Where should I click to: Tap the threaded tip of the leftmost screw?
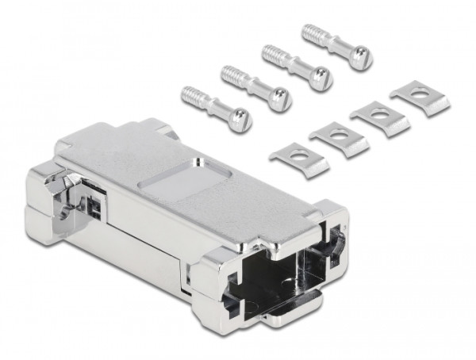[x=190, y=94]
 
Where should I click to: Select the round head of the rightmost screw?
[x=361, y=57]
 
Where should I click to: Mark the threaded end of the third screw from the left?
[x=271, y=54]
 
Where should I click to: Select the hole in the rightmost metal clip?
[x=420, y=95]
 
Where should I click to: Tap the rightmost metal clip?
[x=420, y=98]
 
